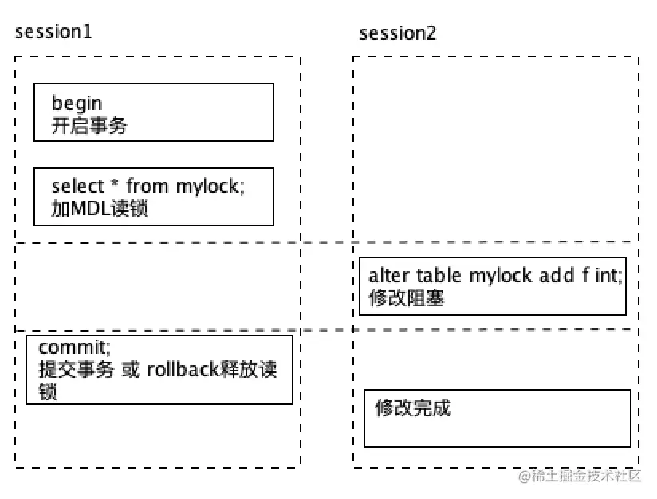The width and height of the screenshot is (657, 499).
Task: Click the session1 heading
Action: (53, 33)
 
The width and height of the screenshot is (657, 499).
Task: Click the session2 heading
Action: (398, 33)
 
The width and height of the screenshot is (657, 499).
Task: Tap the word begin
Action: (77, 104)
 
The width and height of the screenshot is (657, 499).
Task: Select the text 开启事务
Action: (89, 125)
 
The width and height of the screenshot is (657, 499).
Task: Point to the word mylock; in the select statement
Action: (210, 187)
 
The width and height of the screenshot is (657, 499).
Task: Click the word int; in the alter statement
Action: (608, 276)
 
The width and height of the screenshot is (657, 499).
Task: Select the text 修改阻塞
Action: (406, 298)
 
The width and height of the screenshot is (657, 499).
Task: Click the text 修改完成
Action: (413, 407)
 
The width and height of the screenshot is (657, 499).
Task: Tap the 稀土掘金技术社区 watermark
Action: (580, 477)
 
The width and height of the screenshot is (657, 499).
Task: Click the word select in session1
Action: (78, 187)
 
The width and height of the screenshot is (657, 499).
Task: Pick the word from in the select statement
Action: (148, 187)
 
